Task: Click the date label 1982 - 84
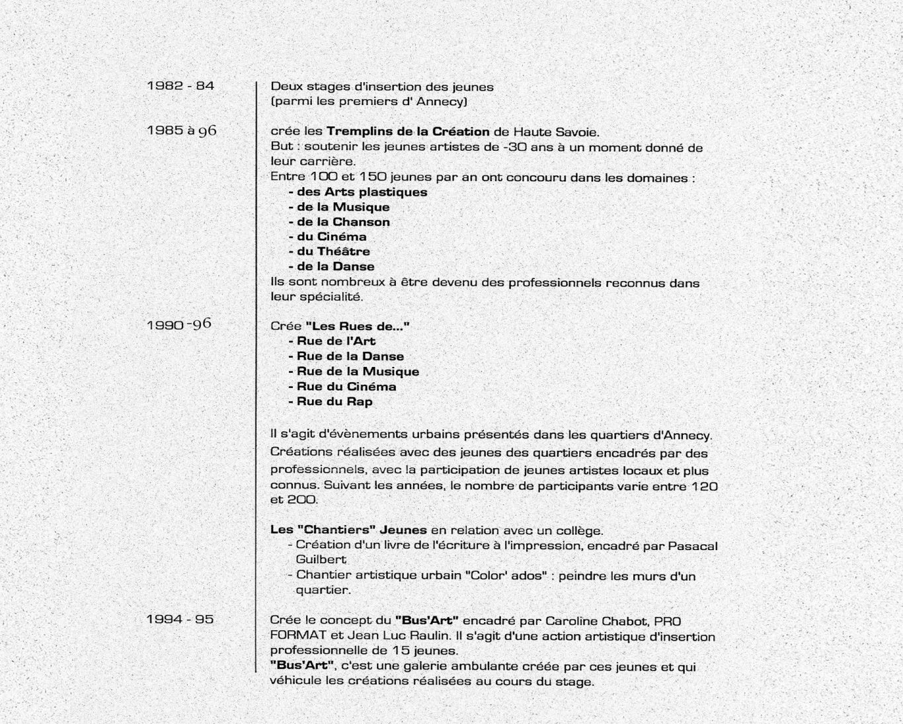point(180,85)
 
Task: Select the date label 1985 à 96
point(182,130)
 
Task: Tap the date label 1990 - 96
point(179,324)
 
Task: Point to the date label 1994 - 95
point(180,620)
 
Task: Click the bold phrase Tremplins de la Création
point(408,132)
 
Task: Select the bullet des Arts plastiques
point(358,192)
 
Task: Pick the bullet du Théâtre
point(329,252)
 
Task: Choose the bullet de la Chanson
point(339,222)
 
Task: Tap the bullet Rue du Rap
point(331,402)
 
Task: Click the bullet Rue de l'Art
point(332,341)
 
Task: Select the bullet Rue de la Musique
point(354,372)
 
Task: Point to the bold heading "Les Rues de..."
point(358,326)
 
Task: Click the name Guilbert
point(321,560)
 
